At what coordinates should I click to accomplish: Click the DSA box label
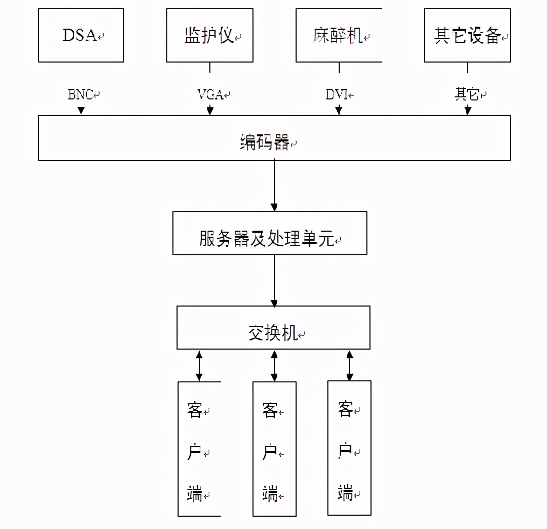point(80,35)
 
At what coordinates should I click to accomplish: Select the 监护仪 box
point(209,35)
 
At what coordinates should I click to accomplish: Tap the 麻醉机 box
point(338,35)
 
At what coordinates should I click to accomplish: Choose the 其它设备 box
point(467,35)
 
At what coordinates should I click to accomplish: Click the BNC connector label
point(81,95)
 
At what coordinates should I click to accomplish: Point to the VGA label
point(211,95)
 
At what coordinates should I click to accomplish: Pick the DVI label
point(338,95)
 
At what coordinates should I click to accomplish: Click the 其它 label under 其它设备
point(467,94)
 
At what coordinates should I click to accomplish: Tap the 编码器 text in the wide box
point(265,143)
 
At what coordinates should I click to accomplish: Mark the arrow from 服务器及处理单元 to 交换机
point(274,280)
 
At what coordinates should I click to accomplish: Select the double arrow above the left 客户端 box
point(199,365)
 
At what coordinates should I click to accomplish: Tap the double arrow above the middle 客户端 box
point(274,365)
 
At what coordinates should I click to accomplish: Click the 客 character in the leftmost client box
point(194,411)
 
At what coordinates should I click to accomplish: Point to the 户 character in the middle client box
point(270,453)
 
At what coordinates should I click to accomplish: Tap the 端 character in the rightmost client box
point(345,494)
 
